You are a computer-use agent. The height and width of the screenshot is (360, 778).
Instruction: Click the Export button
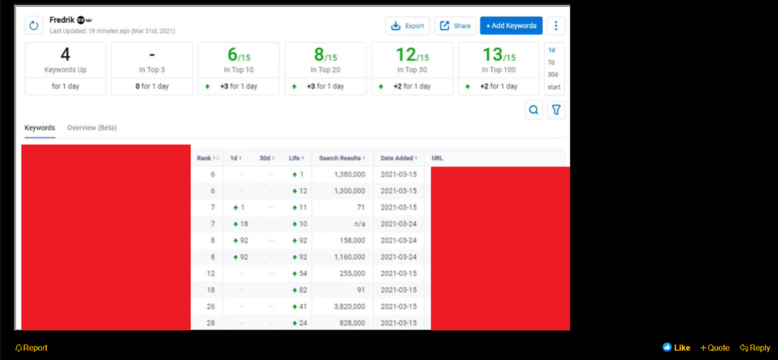(407, 26)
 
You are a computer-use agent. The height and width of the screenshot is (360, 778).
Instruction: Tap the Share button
(455, 26)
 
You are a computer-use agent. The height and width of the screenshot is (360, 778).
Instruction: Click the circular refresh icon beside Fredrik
(34, 26)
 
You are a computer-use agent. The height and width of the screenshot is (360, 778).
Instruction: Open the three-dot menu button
(556, 26)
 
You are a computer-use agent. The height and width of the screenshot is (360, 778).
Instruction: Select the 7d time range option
(551, 62)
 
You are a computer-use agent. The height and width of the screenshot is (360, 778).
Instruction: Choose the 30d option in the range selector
(553, 75)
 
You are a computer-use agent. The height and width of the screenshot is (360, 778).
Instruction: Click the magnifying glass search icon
(533, 110)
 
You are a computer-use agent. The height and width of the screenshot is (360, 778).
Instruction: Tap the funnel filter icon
(556, 110)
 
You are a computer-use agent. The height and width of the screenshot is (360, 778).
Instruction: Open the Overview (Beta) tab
(92, 128)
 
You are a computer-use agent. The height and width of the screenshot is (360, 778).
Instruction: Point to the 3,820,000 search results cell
(347, 306)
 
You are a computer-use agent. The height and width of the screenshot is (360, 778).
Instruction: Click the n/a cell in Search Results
(359, 224)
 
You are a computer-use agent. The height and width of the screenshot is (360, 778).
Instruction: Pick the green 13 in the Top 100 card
(492, 54)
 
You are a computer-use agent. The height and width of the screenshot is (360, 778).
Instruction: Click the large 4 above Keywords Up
(65, 54)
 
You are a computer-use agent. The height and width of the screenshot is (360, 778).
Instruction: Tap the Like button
(677, 348)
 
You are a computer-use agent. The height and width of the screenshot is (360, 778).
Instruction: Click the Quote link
(715, 348)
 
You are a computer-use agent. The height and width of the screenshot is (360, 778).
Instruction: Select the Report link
(32, 348)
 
